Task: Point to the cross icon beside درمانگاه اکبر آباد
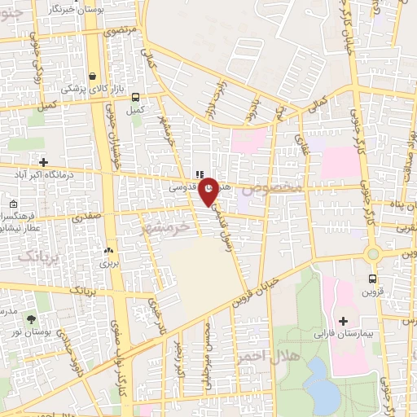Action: pyautogui.click(x=43, y=162)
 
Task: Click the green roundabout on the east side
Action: pyautogui.click(x=374, y=253)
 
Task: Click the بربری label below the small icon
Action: pyautogui.click(x=109, y=263)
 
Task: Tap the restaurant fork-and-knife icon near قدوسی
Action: pyautogui.click(x=198, y=173)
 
